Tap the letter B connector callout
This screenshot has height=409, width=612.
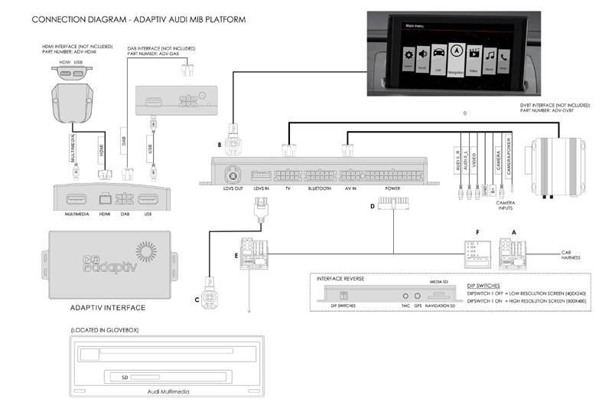point(219,143)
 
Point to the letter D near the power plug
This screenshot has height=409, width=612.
point(373,205)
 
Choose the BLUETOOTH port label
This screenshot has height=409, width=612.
point(319,188)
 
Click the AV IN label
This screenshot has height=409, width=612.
point(350,188)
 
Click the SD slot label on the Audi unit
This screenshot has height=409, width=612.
point(116,377)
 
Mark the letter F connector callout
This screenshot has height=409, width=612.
point(477,231)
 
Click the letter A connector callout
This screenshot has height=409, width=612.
point(513,231)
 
